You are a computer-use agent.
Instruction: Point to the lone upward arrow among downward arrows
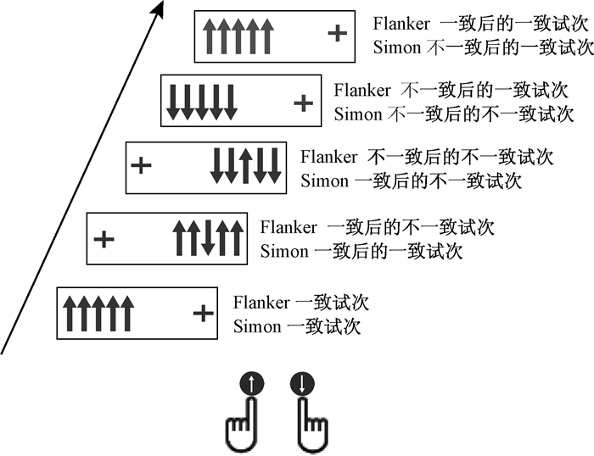coord(244,165)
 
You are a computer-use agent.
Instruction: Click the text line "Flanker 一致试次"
coord(301,303)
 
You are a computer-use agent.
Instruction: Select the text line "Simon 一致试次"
coord(296,326)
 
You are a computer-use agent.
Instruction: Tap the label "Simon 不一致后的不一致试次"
coord(450,113)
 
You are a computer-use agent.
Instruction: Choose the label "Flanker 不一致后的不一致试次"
coord(427,157)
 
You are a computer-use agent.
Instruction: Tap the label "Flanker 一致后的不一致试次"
coord(378,227)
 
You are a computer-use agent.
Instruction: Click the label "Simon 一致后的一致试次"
coord(361,251)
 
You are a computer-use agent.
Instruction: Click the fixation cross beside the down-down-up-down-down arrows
coord(143,165)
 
